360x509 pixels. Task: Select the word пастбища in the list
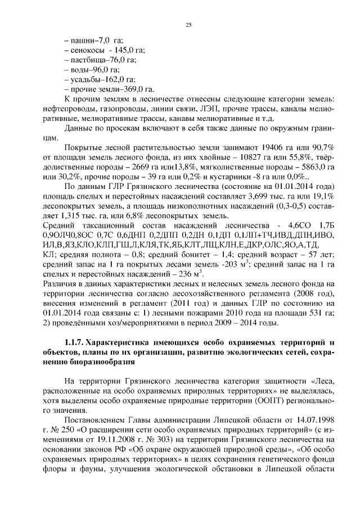pos(90,60)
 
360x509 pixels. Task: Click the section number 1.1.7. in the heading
pos(75,343)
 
